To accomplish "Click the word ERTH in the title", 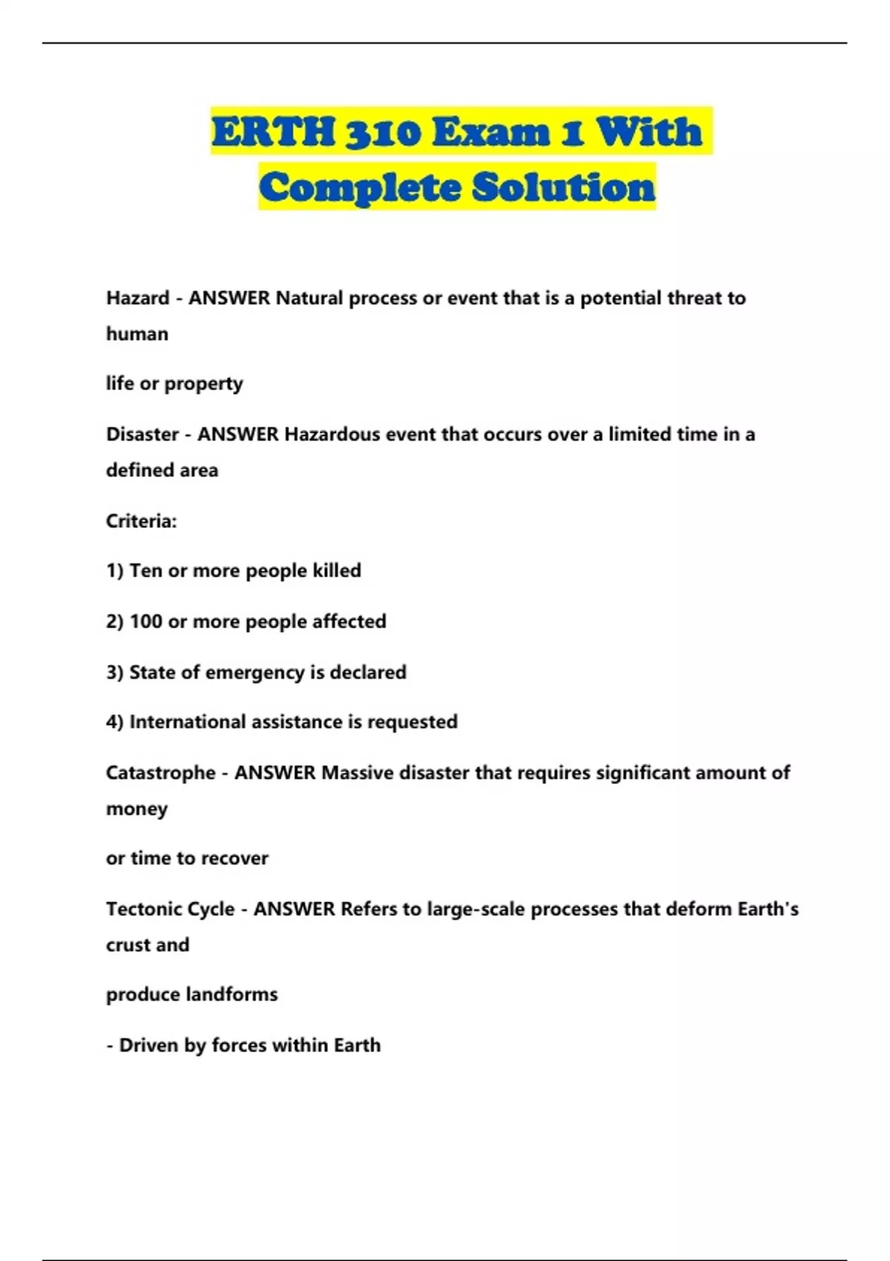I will pos(274,132).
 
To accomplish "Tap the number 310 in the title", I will pos(383,132).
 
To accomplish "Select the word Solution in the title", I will pos(564,187).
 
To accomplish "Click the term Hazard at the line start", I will pos(138,298).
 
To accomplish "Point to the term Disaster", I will pos(142,434).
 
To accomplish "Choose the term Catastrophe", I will pos(160,773).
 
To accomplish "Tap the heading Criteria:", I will pos(142,521).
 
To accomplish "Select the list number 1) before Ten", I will pos(114,571).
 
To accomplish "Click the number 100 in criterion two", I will pos(146,622).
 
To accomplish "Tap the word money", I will pos(136,809).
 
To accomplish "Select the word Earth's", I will pos(768,909).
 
